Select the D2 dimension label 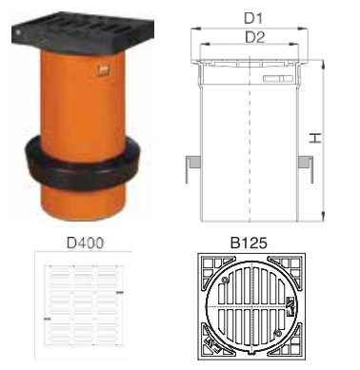[x=253, y=38]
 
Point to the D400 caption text [x=83, y=243]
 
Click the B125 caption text [x=251, y=243]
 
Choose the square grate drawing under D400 [x=82, y=305]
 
